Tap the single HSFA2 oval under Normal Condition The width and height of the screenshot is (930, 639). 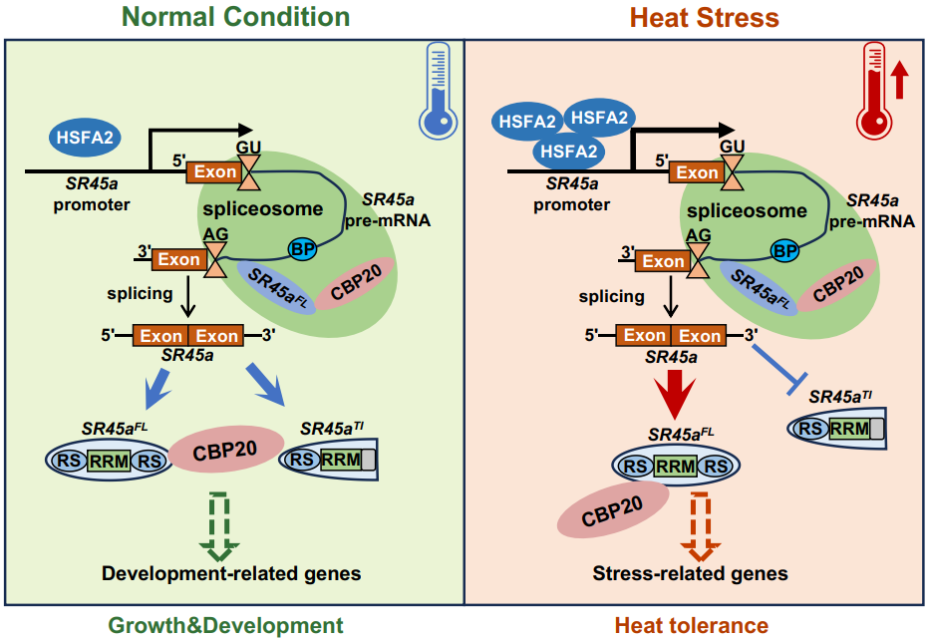point(84,136)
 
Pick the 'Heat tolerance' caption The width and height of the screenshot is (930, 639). point(691,625)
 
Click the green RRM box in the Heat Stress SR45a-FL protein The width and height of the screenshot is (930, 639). point(675,466)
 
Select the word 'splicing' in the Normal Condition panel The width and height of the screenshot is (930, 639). point(139,295)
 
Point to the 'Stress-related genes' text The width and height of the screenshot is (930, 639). point(690,573)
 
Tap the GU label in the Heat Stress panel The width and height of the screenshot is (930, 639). point(732,147)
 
